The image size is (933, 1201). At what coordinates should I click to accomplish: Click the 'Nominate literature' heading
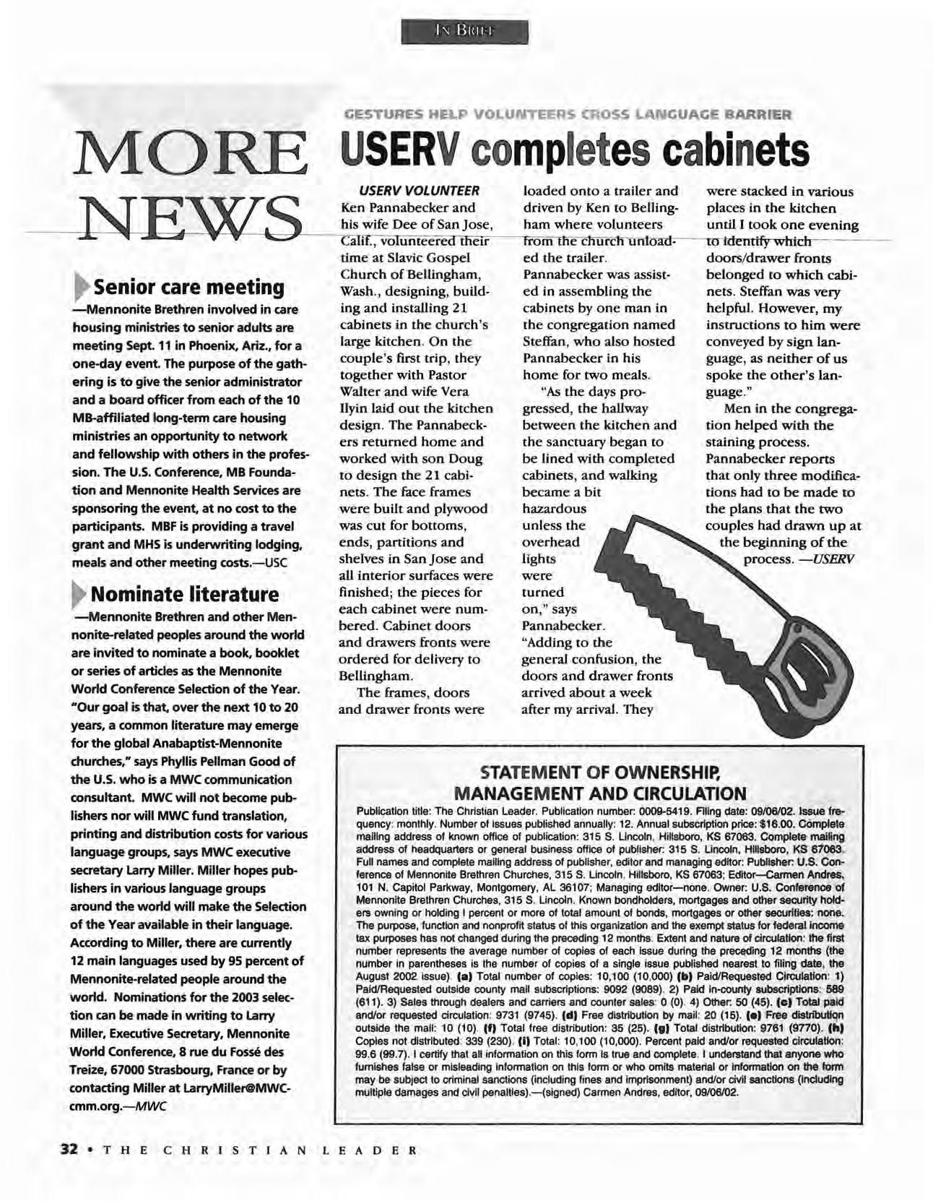click(184, 595)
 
